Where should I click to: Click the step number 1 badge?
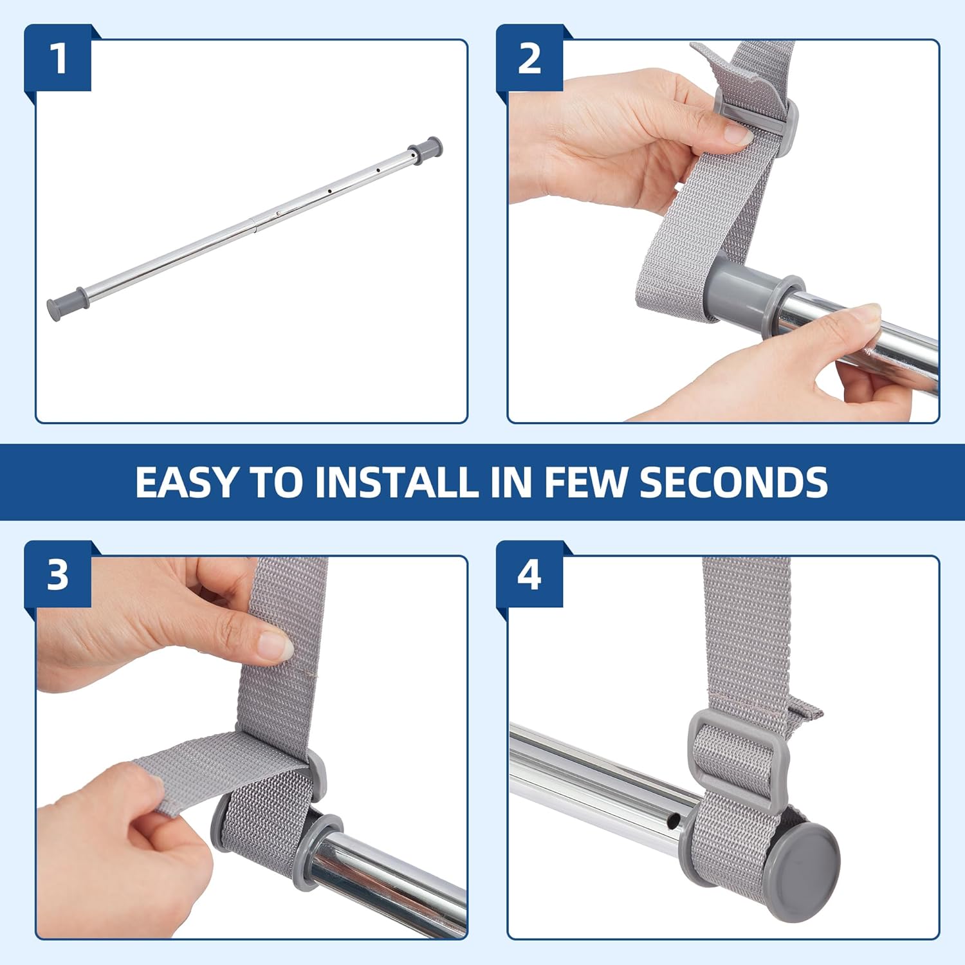coord(58,58)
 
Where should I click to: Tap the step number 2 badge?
coord(529,58)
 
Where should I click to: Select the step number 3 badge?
coord(58,574)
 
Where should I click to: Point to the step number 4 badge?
coord(529,574)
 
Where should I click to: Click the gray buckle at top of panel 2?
coord(758,113)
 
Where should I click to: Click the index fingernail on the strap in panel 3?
coord(275,645)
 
